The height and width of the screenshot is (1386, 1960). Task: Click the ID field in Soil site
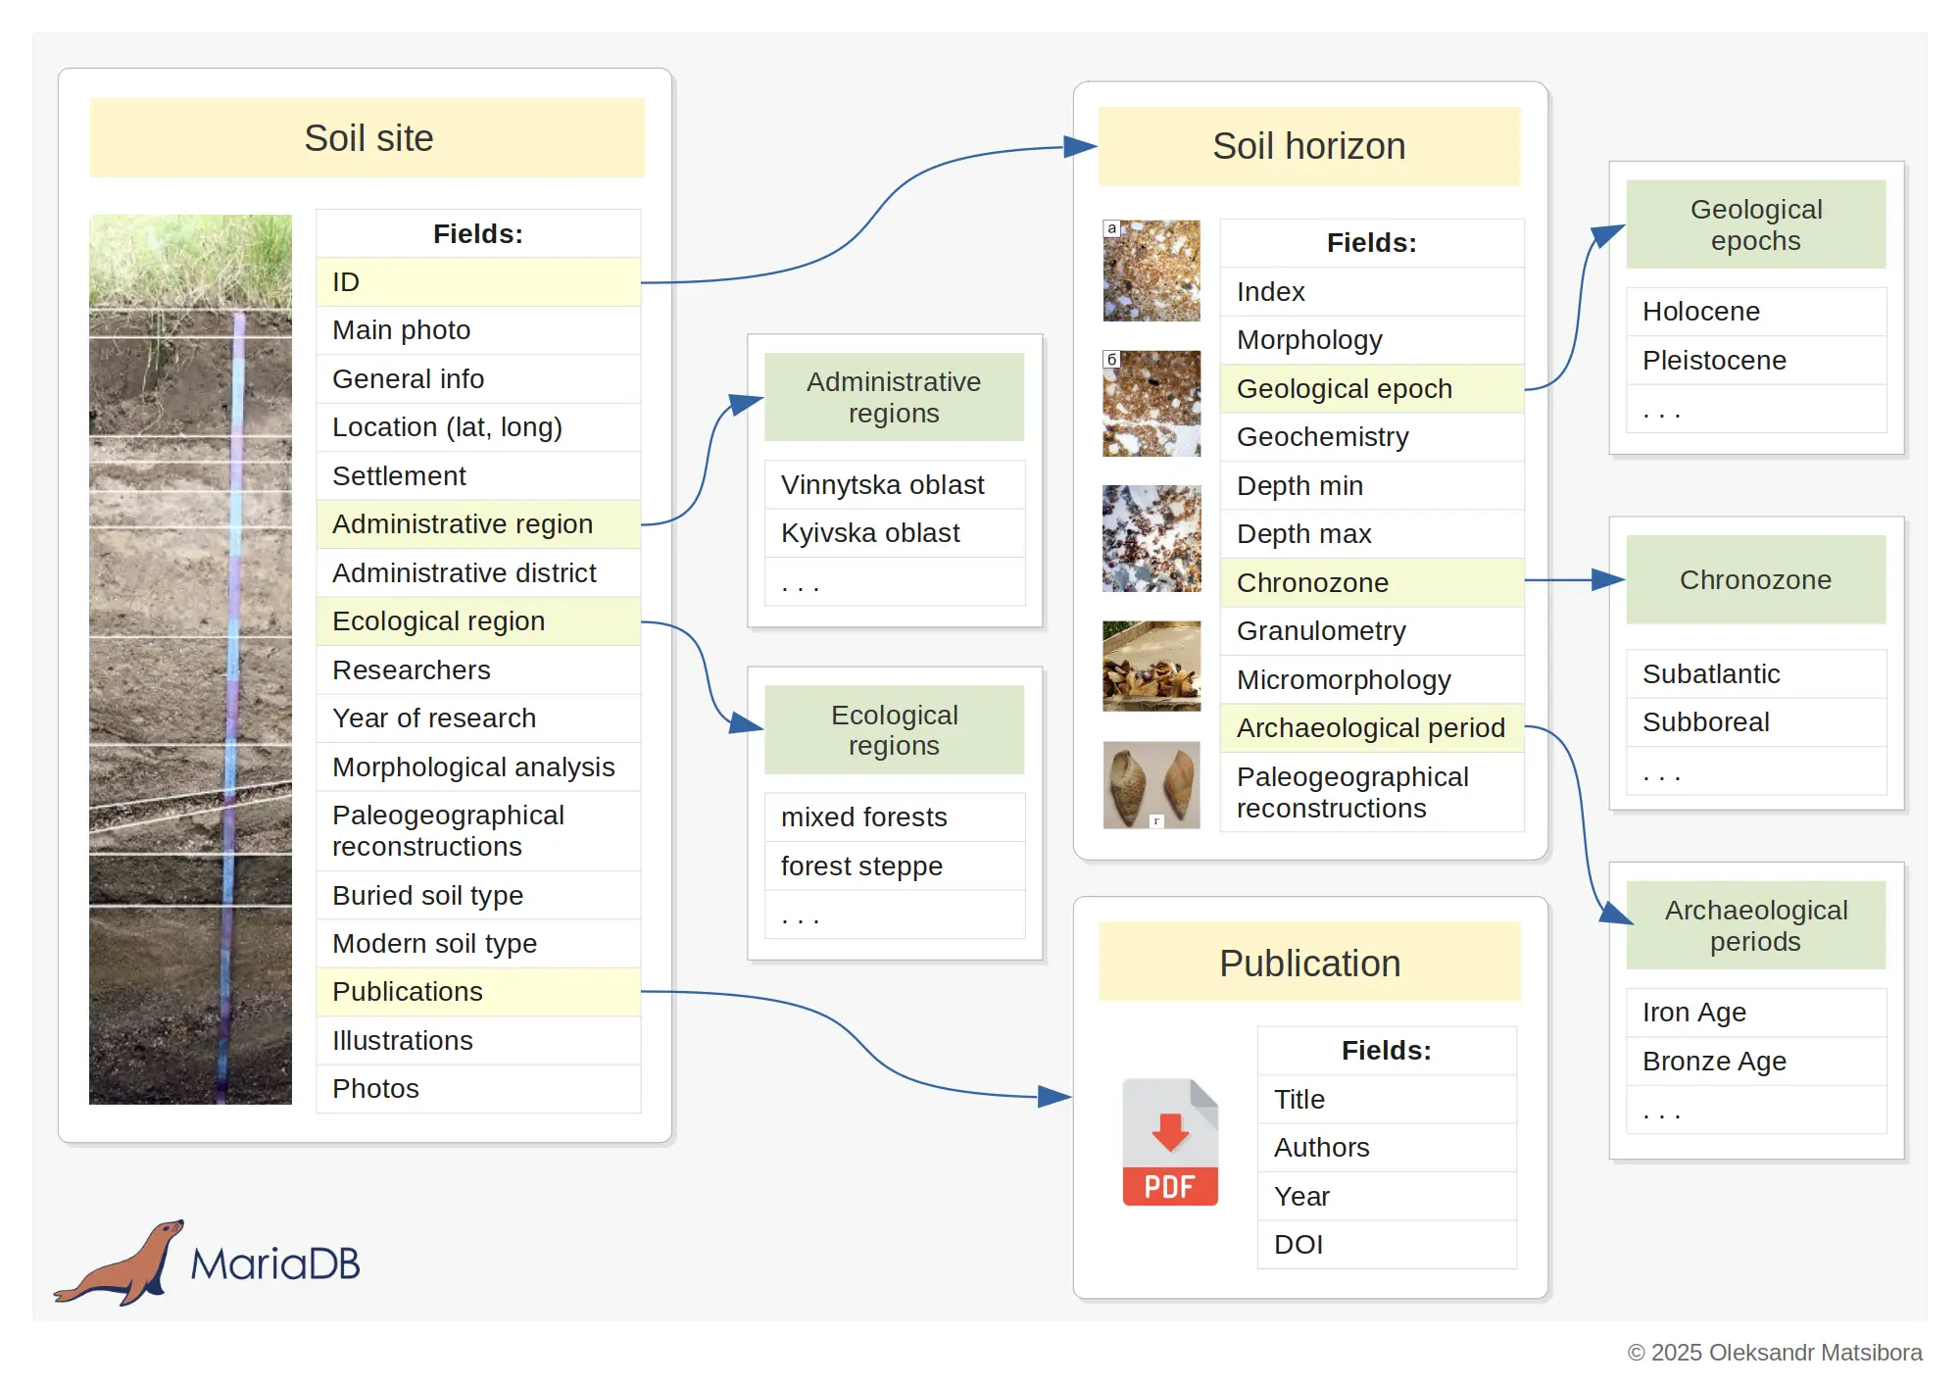[478, 282]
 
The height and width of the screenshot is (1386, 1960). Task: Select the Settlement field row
[478, 476]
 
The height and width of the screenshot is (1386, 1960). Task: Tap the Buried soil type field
[478, 895]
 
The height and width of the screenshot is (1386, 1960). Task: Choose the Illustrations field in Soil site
[478, 1040]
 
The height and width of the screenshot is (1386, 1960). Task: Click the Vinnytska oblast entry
[895, 484]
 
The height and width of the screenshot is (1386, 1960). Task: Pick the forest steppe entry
[895, 866]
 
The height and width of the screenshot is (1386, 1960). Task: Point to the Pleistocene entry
[1756, 360]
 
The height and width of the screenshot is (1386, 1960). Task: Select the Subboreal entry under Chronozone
[1756, 722]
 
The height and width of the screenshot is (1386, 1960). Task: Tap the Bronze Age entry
[1756, 1061]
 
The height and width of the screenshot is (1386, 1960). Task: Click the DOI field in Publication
[1387, 1245]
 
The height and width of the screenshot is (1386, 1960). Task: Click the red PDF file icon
[1170, 1142]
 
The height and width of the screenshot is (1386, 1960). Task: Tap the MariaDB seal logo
[120, 1262]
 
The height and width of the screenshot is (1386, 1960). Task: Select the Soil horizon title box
[1309, 146]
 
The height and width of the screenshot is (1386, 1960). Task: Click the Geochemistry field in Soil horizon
[1372, 437]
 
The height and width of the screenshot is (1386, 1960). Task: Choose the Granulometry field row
[1372, 631]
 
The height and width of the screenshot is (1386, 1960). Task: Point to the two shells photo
[1151, 785]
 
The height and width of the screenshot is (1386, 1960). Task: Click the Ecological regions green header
[895, 730]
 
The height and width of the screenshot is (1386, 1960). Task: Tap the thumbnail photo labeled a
[1151, 271]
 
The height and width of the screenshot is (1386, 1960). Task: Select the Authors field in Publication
[1387, 1148]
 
